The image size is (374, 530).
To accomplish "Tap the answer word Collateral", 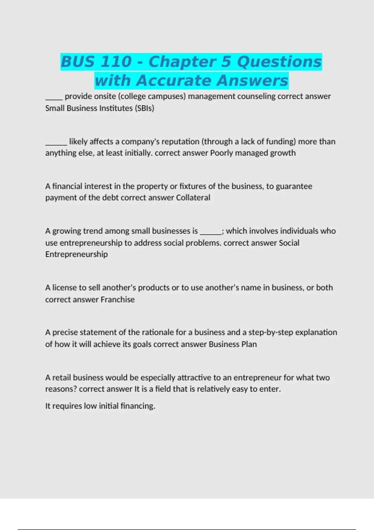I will (193, 198).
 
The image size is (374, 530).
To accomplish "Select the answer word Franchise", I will (117, 300).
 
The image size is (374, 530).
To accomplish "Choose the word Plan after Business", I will (249, 344).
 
